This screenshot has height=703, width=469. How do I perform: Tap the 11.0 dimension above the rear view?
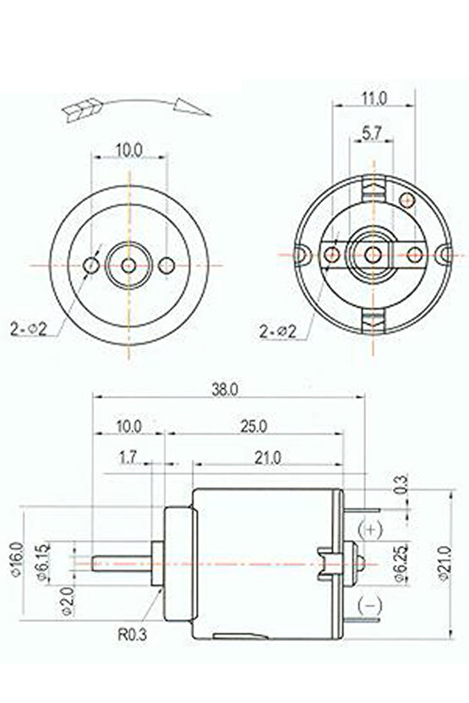tap(373, 99)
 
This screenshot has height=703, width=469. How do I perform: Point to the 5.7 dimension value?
tap(371, 133)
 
